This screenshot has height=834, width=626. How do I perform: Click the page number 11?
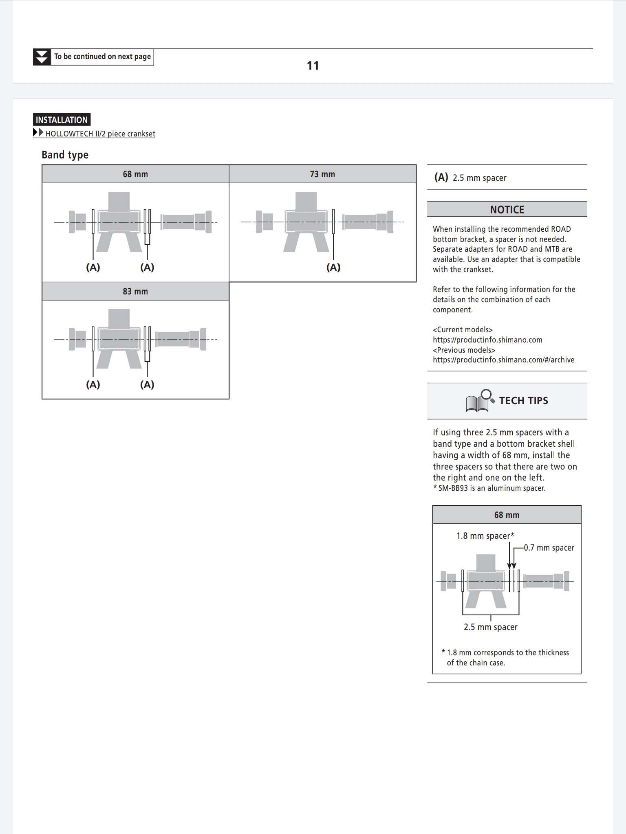pos(313,66)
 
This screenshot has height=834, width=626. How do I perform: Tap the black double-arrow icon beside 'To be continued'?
pos(42,57)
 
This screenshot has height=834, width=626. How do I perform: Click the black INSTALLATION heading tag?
pos(62,120)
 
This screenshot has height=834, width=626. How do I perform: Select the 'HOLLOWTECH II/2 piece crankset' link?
pos(100,134)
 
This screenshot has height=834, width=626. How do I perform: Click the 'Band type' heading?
pos(65,155)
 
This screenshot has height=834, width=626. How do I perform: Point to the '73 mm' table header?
pos(322,174)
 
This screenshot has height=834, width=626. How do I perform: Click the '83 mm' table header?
pos(135,292)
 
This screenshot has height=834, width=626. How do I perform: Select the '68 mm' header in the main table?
pos(135,174)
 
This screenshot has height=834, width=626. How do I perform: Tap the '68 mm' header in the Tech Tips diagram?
pos(507,515)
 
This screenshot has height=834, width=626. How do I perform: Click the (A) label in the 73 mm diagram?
pos(333,268)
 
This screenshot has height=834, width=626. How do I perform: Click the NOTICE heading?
pos(507,210)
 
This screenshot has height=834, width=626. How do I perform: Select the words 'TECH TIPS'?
pos(523,401)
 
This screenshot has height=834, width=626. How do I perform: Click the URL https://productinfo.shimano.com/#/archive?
pos(503,360)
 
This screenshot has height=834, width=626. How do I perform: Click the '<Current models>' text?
pos(463,330)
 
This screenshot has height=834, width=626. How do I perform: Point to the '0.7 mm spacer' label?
pos(549,548)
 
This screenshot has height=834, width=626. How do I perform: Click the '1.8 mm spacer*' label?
pos(485,536)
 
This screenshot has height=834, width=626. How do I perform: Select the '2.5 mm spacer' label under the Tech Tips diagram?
pos(490,627)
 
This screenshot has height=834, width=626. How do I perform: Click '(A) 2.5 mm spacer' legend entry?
pos(471,178)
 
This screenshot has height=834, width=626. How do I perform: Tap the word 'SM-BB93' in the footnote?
pos(453,488)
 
